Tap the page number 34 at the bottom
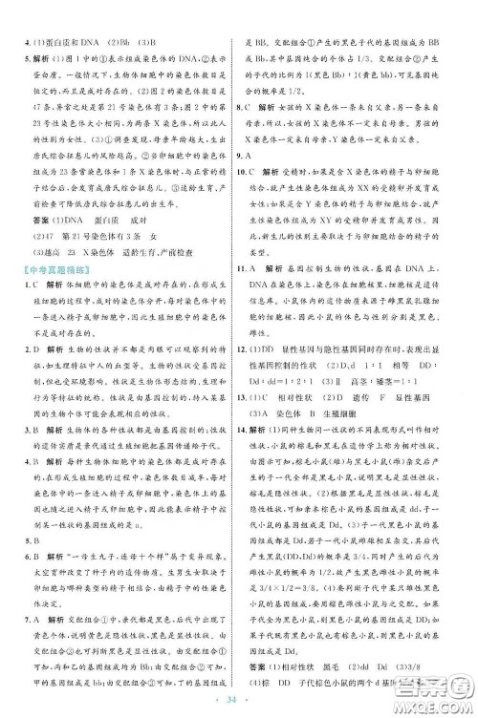pyautogui.click(x=239, y=707)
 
